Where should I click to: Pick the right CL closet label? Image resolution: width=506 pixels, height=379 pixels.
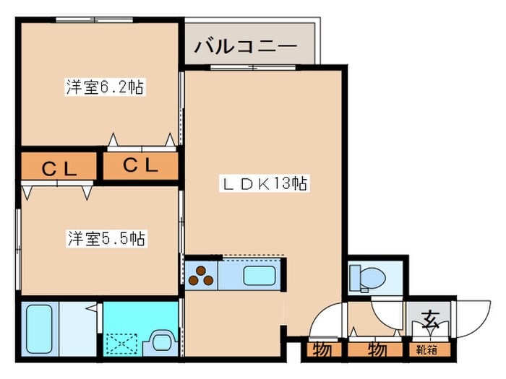click(x=140, y=165)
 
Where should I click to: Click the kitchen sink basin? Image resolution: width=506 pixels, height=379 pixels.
click(x=257, y=275)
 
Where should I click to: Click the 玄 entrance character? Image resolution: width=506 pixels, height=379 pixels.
click(x=430, y=317)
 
